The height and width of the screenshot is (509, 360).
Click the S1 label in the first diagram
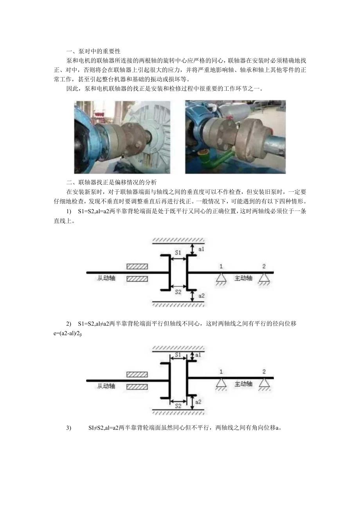pyautogui.click(x=178, y=253)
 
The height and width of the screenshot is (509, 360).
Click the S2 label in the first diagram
pyautogui.click(x=178, y=291)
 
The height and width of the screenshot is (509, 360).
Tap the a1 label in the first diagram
pyautogui.click(x=201, y=249)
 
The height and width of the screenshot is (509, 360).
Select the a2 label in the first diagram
pyautogui.click(x=201, y=296)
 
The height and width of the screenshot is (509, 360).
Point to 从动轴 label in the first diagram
pyautogui.click(x=106, y=279)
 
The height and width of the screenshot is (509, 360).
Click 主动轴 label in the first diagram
pyautogui.click(x=243, y=279)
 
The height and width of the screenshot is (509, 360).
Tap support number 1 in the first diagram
pyautogui.click(x=221, y=266)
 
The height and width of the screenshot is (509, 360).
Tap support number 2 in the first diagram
pyautogui.click(x=264, y=266)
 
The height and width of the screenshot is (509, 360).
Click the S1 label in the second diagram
pyautogui.click(x=178, y=354)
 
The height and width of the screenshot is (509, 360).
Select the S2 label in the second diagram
pyautogui.click(x=178, y=406)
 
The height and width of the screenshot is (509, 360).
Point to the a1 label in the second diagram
pyautogui.click(x=198, y=354)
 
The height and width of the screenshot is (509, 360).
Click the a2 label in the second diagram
pyautogui.click(x=198, y=402)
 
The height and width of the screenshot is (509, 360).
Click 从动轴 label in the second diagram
pyautogui.click(x=106, y=385)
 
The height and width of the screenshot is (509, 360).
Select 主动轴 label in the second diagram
pyautogui.click(x=243, y=384)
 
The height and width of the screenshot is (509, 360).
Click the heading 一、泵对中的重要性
pyautogui.click(x=94, y=51)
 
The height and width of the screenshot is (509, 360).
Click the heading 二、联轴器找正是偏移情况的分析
pyautogui.click(x=112, y=182)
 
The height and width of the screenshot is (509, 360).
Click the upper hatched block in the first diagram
pyautogui.click(x=137, y=266)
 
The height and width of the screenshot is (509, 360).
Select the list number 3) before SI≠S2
pyautogui.click(x=69, y=428)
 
